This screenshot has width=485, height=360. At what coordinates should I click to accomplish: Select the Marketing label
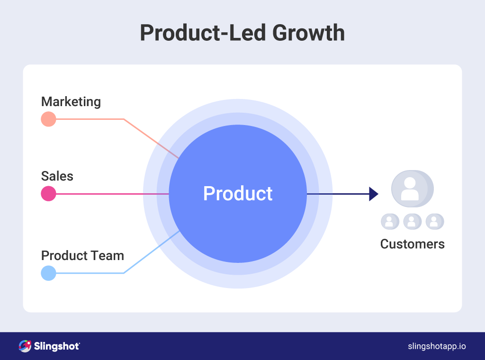71,102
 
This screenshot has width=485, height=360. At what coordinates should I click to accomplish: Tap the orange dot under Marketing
48,119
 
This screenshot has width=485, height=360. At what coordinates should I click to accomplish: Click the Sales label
57,176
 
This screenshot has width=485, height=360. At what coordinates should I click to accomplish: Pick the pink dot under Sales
48,194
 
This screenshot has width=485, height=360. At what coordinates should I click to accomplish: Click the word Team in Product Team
108,256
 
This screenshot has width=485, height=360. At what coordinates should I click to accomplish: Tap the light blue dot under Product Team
48,273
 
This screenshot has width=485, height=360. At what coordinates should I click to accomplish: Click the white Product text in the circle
238,194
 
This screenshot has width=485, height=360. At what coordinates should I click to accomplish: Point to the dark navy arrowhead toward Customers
373,194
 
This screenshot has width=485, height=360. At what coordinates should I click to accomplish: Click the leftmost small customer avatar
390,221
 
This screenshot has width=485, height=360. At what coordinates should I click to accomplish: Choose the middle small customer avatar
412,221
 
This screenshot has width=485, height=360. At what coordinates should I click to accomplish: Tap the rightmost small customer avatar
434,221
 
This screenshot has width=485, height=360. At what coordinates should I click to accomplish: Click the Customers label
413,244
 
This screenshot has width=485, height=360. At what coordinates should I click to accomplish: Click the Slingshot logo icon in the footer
25,346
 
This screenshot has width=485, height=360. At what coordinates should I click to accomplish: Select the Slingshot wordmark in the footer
57,346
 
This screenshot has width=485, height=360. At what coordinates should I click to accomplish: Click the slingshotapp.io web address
437,346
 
